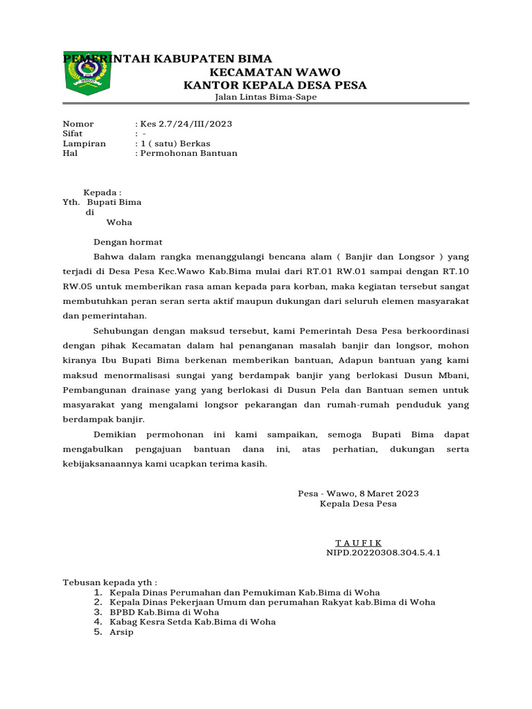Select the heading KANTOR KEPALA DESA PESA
pos(274,85)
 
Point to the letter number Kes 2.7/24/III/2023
pos(186,124)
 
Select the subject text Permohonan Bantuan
pos(188,153)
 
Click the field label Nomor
pos(78,124)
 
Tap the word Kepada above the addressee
pos(102,192)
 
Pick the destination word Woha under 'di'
pos(118,222)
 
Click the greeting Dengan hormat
pos(128,242)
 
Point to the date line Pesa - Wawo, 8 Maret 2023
pos(358,494)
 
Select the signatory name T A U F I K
pos(358,543)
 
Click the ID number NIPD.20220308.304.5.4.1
pos(383,553)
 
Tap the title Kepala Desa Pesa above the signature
pos(358,504)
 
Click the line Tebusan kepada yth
pos(110,583)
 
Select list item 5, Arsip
pos(122,631)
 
